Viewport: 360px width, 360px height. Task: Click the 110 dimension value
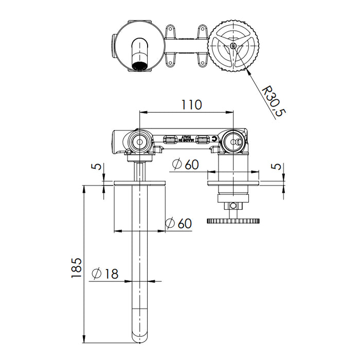click(x=190, y=104)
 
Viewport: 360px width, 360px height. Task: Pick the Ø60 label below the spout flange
click(x=178, y=223)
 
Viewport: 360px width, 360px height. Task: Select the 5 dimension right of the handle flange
click(x=278, y=168)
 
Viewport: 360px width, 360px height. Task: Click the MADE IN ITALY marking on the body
click(x=186, y=140)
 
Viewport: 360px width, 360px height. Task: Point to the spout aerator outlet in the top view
click(x=139, y=65)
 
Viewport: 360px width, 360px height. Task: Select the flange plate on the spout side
click(x=139, y=183)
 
